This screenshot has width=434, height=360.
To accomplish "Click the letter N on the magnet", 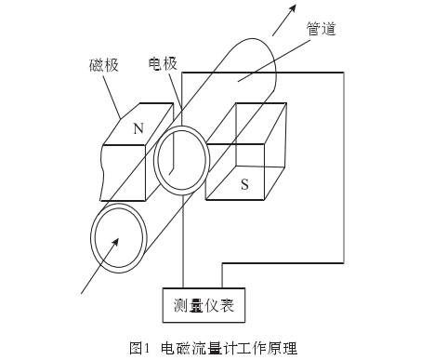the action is (x=138, y=130).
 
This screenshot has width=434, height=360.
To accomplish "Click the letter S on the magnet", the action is (x=244, y=183).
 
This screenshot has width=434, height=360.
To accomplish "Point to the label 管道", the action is (x=321, y=31).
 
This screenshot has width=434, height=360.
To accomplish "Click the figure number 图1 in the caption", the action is (x=138, y=348).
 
